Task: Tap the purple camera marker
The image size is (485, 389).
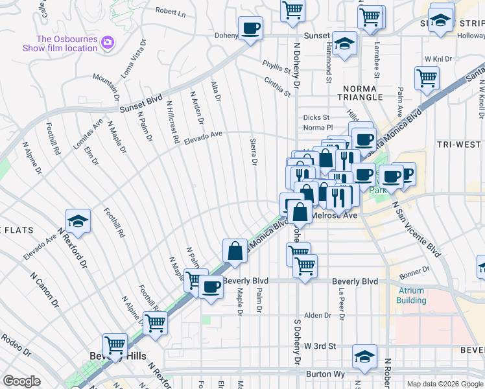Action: pos(107,43)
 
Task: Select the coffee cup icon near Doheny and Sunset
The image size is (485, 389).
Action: pos(250,29)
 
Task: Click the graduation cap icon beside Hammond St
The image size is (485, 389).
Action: pos(345,44)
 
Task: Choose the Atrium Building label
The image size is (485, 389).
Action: pos(411,296)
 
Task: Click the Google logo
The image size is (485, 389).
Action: pos(21,381)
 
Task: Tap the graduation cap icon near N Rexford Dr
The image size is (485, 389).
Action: pos(78,221)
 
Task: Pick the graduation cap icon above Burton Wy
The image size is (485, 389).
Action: pos(364,357)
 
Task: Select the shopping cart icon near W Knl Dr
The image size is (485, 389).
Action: pos(427,78)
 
